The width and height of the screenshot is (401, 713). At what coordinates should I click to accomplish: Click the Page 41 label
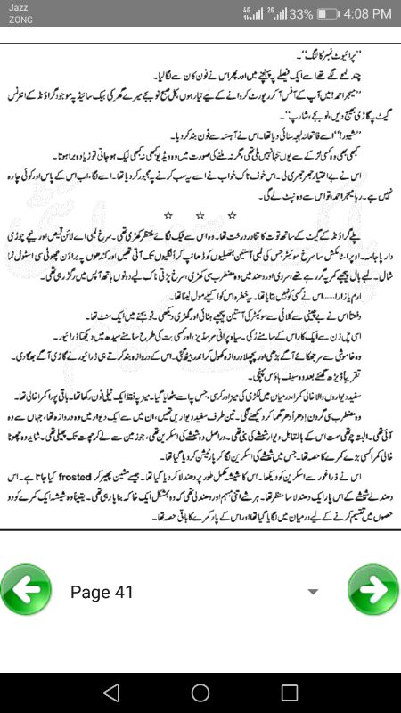coord(102,592)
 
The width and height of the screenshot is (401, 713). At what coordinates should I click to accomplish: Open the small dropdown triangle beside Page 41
coord(313,592)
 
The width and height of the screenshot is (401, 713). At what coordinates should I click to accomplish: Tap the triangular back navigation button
coord(110,693)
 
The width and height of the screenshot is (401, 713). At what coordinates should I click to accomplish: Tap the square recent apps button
coord(290,693)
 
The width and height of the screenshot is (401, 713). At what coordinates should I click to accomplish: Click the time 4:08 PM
coord(364,14)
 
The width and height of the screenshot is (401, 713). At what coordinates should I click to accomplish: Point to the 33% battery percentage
coord(300,14)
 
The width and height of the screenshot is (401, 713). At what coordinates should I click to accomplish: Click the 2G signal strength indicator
coord(275,14)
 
